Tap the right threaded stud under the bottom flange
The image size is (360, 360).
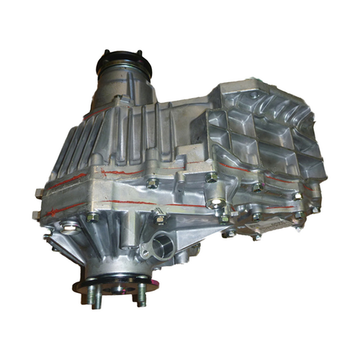pos(141,294)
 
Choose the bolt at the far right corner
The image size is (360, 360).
pos(315,209)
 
